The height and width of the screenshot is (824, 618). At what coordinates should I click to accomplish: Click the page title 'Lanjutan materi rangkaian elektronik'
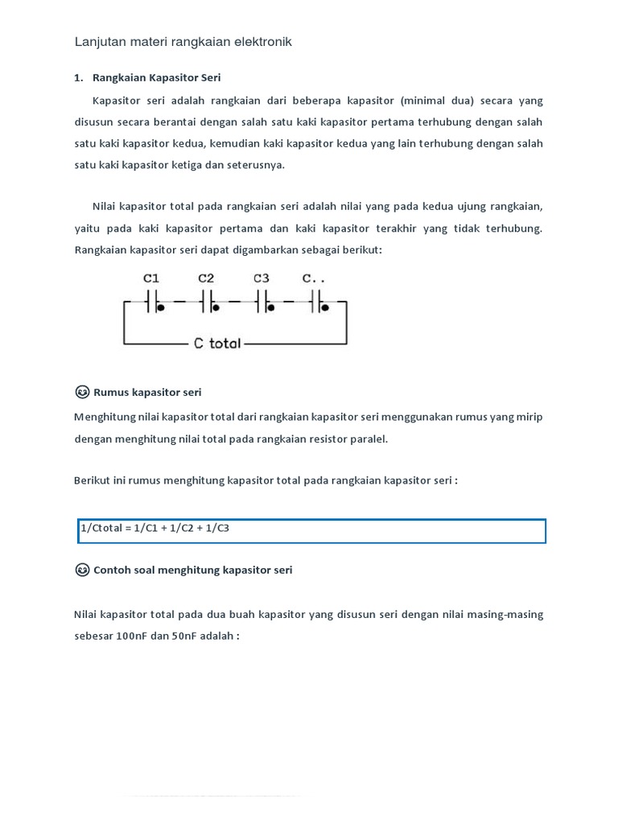coord(183,41)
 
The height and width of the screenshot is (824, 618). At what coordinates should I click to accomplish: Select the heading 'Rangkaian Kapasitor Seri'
coord(156,78)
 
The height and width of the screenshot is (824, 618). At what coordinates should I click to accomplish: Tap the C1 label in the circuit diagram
coord(151,278)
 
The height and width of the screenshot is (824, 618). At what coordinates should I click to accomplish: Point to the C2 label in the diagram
coord(207,278)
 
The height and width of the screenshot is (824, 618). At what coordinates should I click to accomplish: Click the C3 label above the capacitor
coord(262,278)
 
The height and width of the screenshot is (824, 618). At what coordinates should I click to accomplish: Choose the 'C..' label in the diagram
coord(315,278)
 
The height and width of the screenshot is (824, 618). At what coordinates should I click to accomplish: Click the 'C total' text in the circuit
coord(217,344)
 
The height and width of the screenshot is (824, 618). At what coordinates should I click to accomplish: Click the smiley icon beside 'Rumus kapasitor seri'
coord(82,392)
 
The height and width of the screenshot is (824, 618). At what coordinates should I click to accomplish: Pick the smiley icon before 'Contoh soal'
coord(82,570)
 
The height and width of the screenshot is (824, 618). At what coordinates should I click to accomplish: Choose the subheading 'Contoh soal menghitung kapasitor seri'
coord(193,570)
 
